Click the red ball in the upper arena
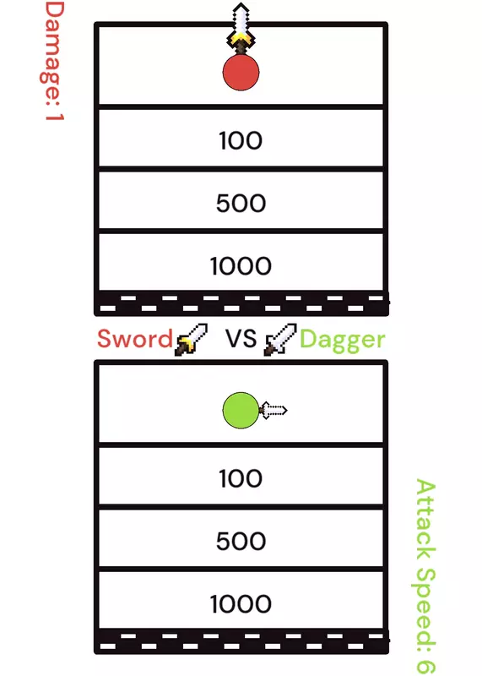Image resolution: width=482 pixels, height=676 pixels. (x=241, y=73)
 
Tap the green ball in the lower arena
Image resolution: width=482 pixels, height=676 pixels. (x=241, y=411)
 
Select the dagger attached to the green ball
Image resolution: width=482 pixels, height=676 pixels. (x=273, y=410)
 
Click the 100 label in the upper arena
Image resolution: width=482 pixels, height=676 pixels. (x=241, y=140)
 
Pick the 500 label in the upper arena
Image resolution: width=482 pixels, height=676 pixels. (x=241, y=203)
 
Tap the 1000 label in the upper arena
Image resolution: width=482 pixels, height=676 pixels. (x=241, y=265)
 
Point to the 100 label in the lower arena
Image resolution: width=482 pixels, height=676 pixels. (x=241, y=478)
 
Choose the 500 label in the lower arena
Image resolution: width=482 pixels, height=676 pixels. (x=241, y=541)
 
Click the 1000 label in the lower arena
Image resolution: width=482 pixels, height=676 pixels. (x=241, y=603)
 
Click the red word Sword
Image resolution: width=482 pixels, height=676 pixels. (x=135, y=339)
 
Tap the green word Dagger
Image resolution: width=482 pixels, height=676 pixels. (x=342, y=341)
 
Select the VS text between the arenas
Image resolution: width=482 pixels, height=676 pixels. (x=241, y=339)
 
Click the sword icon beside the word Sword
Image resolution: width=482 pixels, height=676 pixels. (x=191, y=340)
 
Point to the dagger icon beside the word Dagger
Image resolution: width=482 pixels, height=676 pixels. (x=280, y=340)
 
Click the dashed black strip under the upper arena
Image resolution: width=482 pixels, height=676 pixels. (x=241, y=303)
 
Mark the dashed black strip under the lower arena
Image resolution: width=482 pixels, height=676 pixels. (x=241, y=641)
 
